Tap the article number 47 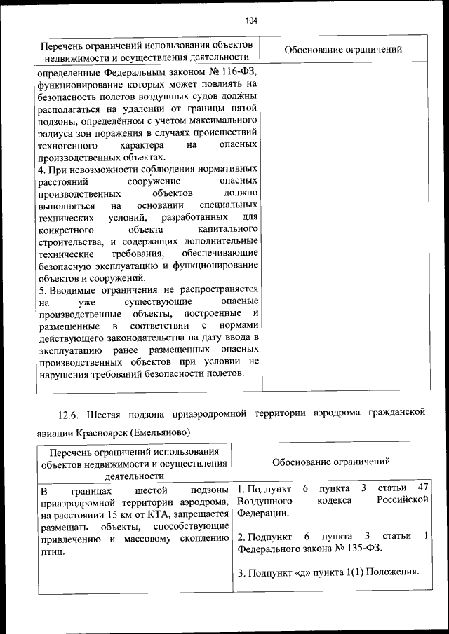point(422,488)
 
